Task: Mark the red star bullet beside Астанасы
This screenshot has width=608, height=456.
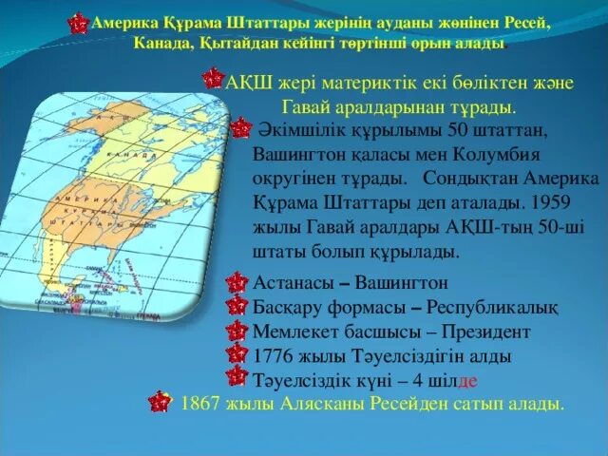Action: (x=238, y=283)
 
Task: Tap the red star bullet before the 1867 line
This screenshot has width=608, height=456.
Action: (x=161, y=405)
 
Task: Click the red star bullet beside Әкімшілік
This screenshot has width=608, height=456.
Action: (x=241, y=127)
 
